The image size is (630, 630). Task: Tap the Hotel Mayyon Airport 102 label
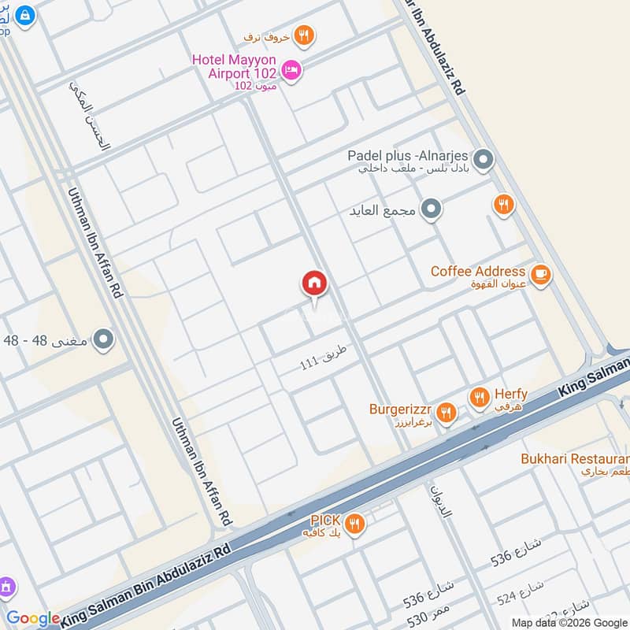[x=235, y=65]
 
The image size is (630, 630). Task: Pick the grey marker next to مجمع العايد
[x=430, y=210]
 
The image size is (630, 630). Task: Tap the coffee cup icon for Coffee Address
[x=540, y=274]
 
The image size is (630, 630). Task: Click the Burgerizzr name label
[x=400, y=409]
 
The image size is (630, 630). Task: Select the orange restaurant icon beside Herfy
[x=479, y=398]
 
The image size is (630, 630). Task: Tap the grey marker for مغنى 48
[x=103, y=340]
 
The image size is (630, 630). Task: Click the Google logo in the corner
[x=33, y=619]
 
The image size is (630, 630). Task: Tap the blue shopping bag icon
[x=25, y=14]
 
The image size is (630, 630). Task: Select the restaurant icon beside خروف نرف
[x=303, y=35]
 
